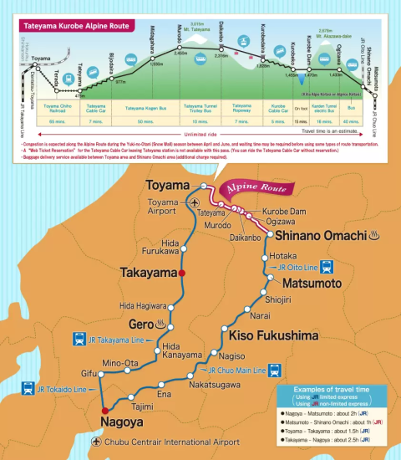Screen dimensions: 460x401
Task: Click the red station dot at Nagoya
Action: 104,411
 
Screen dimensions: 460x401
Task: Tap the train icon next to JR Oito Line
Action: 327,268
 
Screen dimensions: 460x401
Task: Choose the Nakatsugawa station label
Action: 215,386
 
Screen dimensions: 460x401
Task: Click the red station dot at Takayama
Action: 181,273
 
